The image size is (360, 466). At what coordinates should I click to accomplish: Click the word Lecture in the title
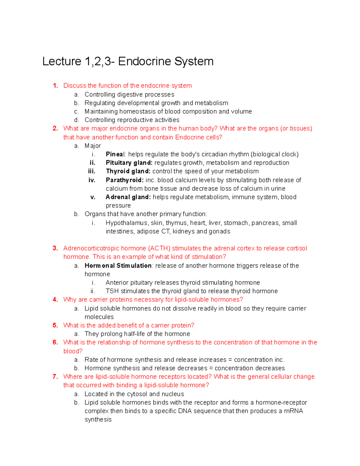coord(61,62)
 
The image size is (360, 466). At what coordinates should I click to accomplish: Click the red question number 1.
coord(55,86)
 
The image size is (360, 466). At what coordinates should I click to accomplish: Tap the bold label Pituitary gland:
coord(129,163)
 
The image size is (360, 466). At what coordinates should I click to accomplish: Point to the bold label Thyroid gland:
coord(128,171)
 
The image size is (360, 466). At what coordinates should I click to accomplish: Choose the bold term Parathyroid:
coord(124,180)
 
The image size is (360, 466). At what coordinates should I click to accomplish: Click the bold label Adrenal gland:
coord(128,197)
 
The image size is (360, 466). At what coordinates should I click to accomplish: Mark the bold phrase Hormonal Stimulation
coord(118,266)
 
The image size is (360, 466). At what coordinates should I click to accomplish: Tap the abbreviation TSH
coord(112,291)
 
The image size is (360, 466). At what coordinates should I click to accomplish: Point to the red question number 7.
coord(55,377)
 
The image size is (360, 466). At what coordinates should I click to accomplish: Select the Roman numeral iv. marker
coord(92,180)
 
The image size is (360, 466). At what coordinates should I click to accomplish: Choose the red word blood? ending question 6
coord(73,351)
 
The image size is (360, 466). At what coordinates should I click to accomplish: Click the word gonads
coord(219,231)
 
